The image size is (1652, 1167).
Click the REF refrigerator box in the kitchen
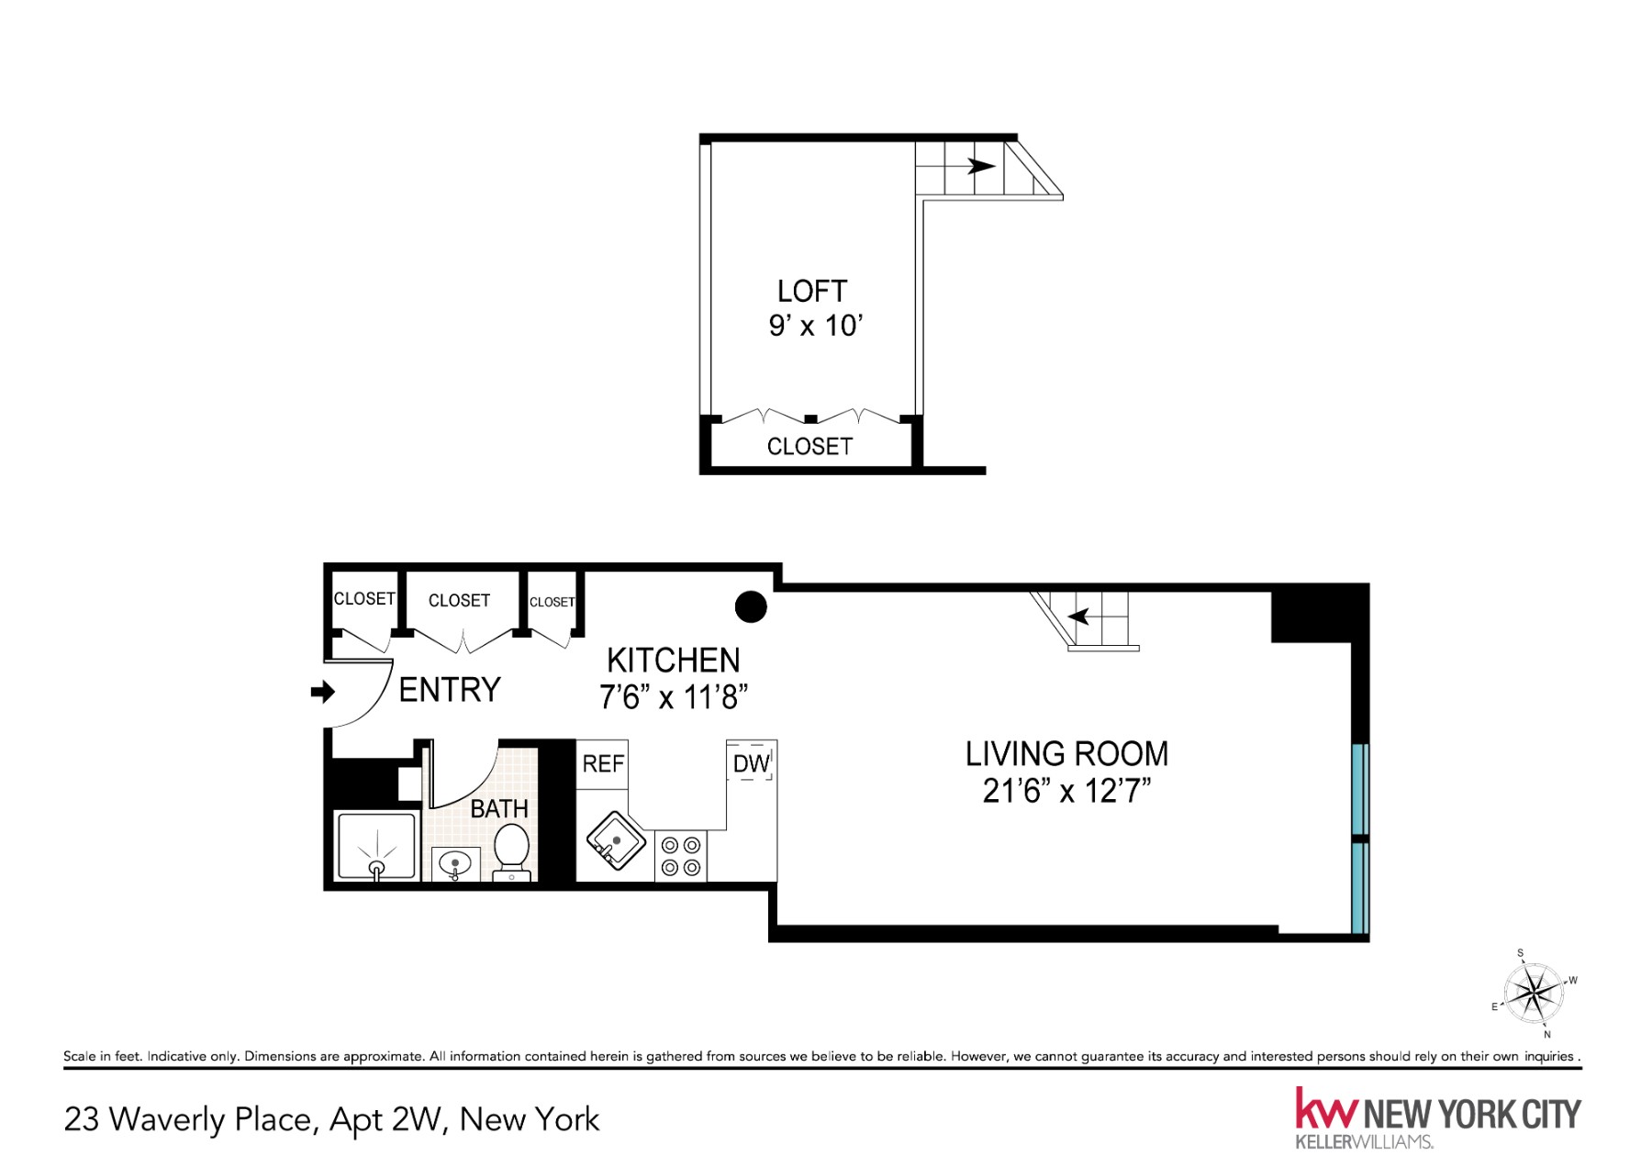[x=602, y=763]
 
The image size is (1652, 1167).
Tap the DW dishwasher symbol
[x=751, y=761]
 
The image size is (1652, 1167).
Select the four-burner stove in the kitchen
[x=680, y=856]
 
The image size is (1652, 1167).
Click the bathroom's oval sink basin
[x=455, y=862]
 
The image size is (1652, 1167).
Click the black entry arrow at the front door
[x=322, y=692]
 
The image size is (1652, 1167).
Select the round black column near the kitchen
[x=751, y=606]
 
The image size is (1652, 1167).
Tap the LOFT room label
[x=811, y=292]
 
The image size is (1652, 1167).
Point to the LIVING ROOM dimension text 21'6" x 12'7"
[x=1066, y=791]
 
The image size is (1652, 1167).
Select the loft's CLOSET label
[x=809, y=447]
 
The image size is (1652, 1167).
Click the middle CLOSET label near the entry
[x=459, y=601]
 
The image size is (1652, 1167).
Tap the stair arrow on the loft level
[x=981, y=166]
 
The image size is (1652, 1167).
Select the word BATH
[x=499, y=808]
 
